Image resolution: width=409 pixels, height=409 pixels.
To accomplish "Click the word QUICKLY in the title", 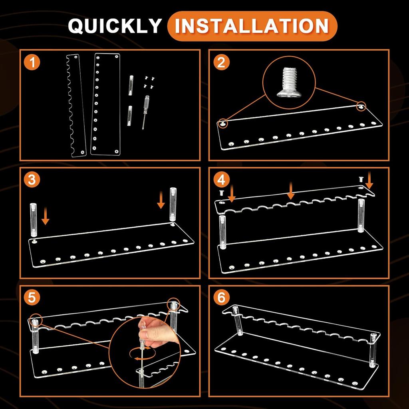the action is (115, 26).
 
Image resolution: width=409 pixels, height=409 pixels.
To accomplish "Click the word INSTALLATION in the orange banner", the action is (252, 26).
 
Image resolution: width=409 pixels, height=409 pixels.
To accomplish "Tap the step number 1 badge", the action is (32, 63).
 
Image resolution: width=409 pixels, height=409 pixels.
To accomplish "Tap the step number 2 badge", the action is (221, 63).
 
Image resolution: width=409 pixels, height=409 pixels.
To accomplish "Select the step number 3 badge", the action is (32, 180).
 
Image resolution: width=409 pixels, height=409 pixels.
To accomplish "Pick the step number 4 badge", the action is (221, 180).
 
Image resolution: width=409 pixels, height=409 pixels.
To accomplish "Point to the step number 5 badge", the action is (32, 298).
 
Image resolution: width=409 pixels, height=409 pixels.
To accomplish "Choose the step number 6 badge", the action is (221, 298).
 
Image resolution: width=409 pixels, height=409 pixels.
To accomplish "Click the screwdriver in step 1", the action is (145, 112).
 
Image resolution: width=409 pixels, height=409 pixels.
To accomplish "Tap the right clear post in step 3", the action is (173, 206).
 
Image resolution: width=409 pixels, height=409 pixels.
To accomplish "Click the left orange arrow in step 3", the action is (46, 216).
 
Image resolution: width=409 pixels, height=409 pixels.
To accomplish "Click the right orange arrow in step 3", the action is (161, 200).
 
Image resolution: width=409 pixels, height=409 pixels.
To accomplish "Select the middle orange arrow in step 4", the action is (291, 191).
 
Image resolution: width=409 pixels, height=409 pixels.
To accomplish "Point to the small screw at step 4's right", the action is (361, 179).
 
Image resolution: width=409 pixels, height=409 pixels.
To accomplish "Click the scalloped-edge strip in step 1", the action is (76, 105).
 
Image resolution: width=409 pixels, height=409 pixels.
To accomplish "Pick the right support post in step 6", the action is (373, 350).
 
